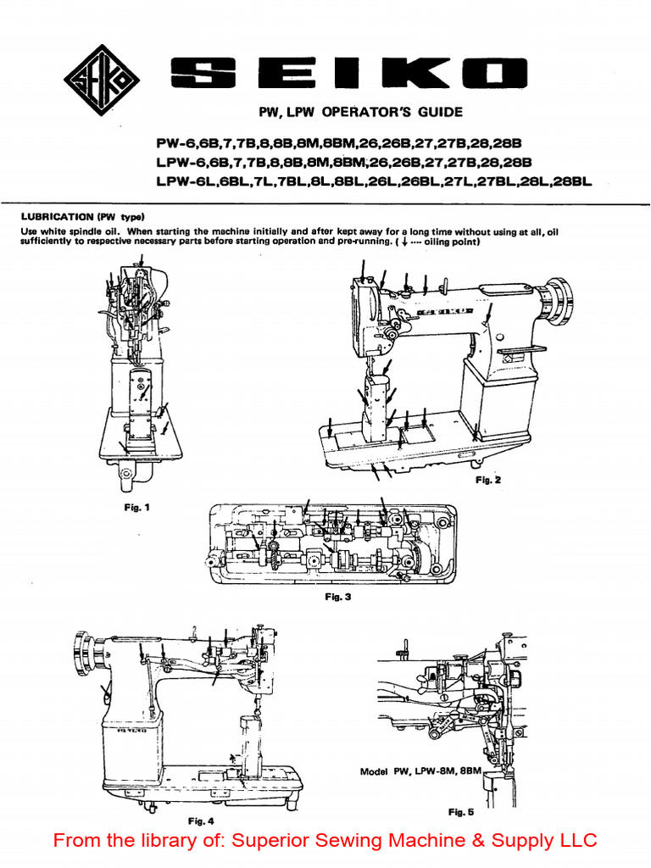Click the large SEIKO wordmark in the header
click(x=348, y=77)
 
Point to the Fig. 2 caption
click(x=487, y=480)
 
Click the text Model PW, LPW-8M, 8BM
click(x=420, y=772)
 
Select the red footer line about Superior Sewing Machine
click(x=325, y=841)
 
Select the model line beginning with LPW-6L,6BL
click(x=373, y=181)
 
